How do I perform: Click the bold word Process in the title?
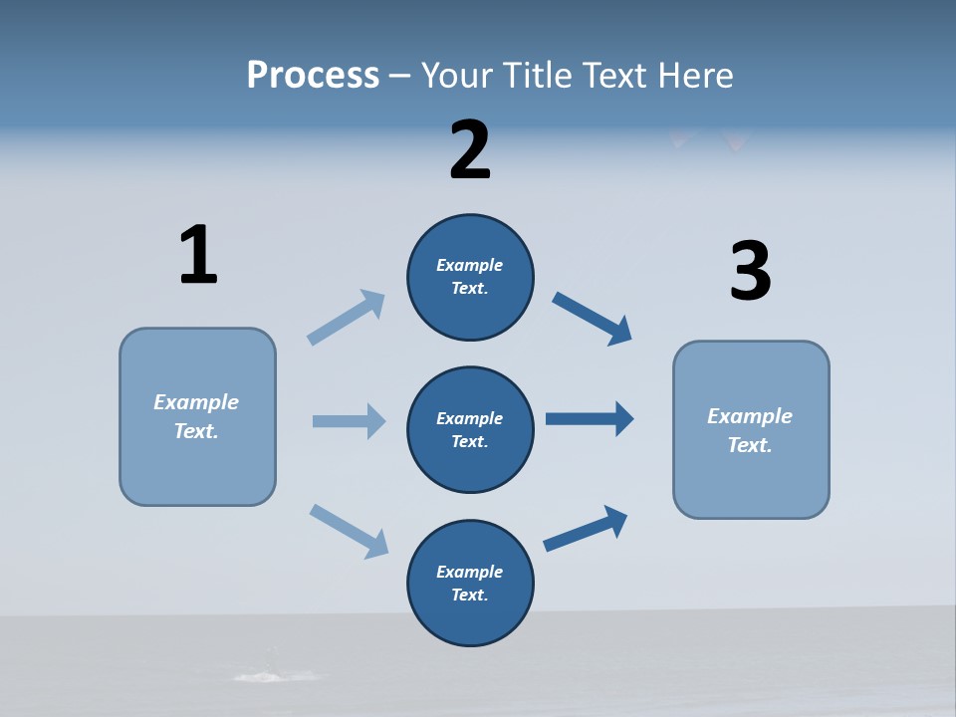[x=313, y=75]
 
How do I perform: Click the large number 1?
[x=198, y=255]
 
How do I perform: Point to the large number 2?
[x=470, y=150]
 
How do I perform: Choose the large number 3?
[x=750, y=271]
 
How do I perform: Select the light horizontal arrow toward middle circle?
[x=349, y=421]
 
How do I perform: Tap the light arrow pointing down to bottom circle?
[x=349, y=530]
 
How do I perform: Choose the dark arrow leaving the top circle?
[x=593, y=319]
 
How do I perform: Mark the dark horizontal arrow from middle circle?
[x=590, y=419]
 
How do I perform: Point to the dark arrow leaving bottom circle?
[x=586, y=529]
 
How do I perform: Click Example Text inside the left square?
[x=196, y=416]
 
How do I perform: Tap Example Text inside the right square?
[x=750, y=430]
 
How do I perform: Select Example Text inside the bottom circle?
[x=470, y=583]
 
